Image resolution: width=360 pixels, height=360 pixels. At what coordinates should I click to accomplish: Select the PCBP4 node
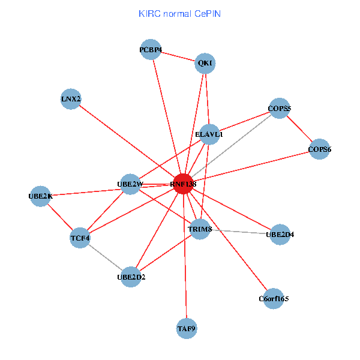pyautogui.click(x=151, y=50)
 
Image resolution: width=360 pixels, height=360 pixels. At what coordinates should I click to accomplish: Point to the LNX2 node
pyautogui.click(x=71, y=99)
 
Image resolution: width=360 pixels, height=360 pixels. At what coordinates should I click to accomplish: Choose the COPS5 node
pyautogui.click(x=279, y=109)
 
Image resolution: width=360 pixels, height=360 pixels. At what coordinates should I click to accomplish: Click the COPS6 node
pyautogui.click(x=319, y=149)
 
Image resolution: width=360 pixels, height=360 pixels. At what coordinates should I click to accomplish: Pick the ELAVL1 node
pyautogui.click(x=209, y=134)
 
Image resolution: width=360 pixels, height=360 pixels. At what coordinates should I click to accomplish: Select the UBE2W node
pyautogui.click(x=130, y=184)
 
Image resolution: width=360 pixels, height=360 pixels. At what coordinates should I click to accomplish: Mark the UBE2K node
pyautogui.click(x=40, y=196)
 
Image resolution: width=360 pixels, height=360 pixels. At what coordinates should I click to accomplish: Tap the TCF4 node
pyautogui.click(x=80, y=238)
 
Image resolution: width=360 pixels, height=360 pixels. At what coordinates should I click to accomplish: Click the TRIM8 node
pyautogui.click(x=200, y=229)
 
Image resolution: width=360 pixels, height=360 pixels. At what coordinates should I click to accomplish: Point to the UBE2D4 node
pyautogui.click(x=280, y=234)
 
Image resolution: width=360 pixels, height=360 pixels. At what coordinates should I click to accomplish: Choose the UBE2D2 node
pyautogui.click(x=131, y=277)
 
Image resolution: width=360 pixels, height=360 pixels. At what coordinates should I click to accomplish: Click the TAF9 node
pyautogui.click(x=187, y=328)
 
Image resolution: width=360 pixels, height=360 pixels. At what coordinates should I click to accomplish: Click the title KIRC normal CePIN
pyautogui.click(x=179, y=13)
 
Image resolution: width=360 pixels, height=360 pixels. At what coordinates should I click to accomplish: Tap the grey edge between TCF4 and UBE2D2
pyautogui.click(x=106, y=257)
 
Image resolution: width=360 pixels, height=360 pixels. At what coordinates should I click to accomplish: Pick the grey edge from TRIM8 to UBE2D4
pyautogui.click(x=240, y=232)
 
